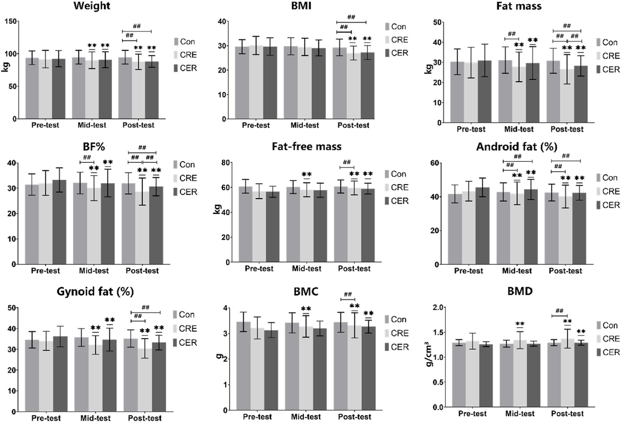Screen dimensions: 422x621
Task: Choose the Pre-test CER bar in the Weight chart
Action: (58, 89)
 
